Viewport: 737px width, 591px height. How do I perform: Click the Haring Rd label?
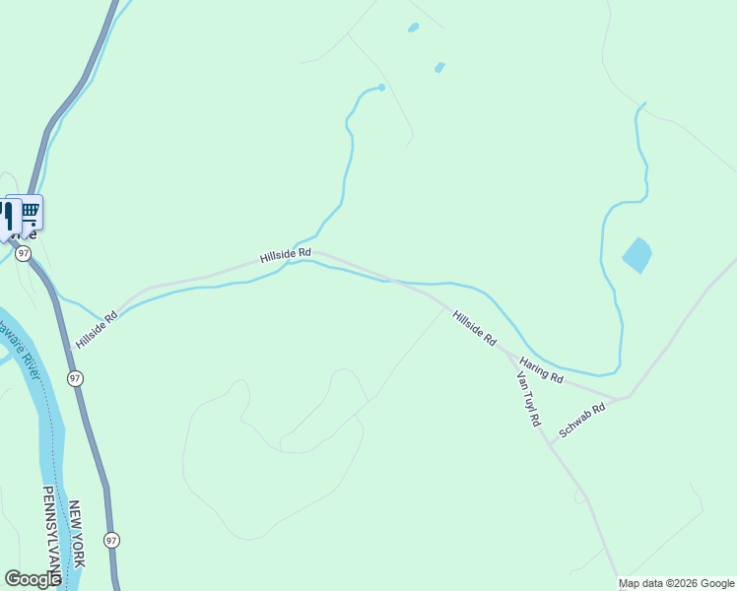point(541,370)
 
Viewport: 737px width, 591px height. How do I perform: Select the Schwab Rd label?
point(581,419)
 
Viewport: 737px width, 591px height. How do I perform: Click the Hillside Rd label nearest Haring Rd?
point(474,327)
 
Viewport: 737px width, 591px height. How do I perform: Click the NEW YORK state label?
point(77,533)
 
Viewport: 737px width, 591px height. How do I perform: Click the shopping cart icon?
point(30,210)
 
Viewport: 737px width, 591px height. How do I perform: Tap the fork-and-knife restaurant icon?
point(9,216)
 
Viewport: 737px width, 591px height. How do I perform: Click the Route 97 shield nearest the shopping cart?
point(23,254)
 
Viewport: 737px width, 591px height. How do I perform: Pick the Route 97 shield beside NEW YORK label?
point(112,540)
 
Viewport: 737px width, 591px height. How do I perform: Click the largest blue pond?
point(636,255)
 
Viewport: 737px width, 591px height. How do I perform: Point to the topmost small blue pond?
point(413,28)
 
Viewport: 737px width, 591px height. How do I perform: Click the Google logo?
point(33,579)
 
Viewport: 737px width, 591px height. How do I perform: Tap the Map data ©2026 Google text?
point(676,583)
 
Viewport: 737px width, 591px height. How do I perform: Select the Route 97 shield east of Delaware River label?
point(75,378)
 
